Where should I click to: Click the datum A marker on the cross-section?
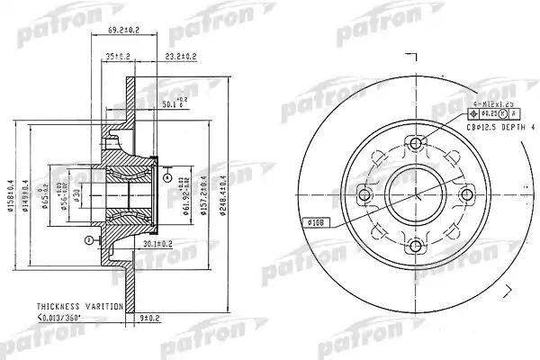pyautogui.click(x=168, y=178)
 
